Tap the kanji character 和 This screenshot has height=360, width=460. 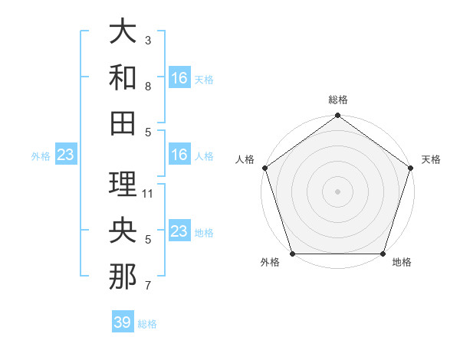tap(123, 77)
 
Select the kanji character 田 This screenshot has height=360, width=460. tap(123, 122)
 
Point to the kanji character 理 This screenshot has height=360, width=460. tap(123, 184)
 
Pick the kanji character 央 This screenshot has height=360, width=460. tap(123, 230)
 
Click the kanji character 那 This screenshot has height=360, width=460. tap(123, 277)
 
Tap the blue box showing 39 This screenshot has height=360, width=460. tap(123, 322)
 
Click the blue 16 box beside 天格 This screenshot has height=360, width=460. tap(179, 78)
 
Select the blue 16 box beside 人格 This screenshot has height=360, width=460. tap(179, 155)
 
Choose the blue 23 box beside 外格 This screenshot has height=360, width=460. tap(66, 155)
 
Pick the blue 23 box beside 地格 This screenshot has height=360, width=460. tap(179, 231)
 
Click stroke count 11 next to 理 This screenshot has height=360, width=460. tap(149, 194)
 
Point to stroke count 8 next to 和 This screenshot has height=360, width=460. tap(148, 87)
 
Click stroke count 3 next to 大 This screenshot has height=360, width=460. tap(148, 41)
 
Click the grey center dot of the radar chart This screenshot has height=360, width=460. tap(337, 191)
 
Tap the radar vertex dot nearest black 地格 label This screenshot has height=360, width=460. tap(383, 254)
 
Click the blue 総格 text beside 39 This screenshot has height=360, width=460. tap(148, 324)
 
